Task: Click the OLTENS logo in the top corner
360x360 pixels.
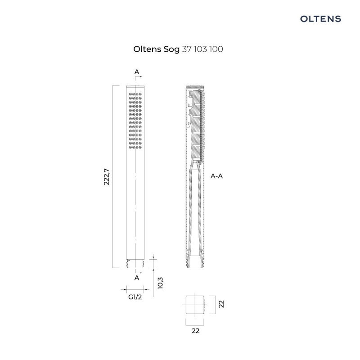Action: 320,18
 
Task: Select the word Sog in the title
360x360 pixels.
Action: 170,49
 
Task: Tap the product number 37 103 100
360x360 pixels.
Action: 202,49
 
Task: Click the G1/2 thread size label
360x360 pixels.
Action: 135,297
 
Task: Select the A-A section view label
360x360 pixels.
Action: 217,176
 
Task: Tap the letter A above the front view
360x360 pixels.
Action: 136,72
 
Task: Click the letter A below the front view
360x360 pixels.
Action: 136,278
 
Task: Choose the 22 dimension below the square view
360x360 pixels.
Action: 195,330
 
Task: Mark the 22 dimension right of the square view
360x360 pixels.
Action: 221,304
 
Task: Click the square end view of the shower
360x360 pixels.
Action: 195,305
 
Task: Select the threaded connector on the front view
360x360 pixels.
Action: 135,263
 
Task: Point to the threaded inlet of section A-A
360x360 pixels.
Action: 195,263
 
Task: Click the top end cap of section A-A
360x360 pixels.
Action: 195,87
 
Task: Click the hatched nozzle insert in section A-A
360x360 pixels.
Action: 197,126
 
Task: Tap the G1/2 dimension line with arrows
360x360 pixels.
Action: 135,289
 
